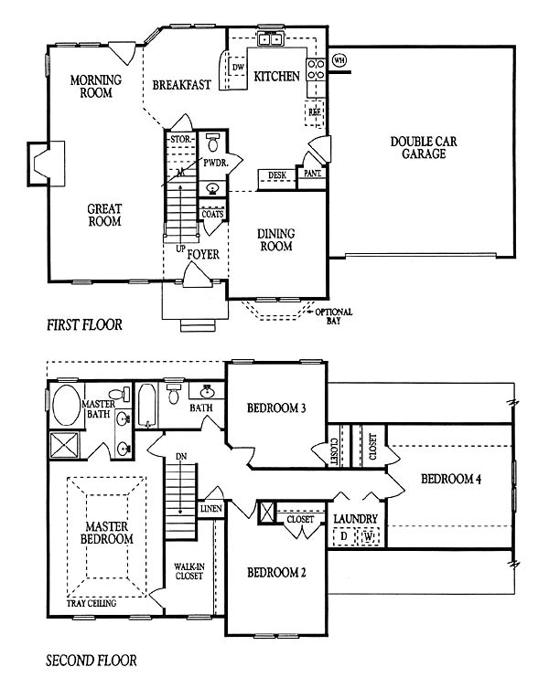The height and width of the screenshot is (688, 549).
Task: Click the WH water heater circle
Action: coord(338,60)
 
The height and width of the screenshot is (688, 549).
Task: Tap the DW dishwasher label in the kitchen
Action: coord(238,67)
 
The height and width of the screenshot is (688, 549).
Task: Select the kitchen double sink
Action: coord(270,39)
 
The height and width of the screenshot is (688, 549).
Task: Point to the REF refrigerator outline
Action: coord(314,112)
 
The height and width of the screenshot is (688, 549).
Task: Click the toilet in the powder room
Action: coord(213,142)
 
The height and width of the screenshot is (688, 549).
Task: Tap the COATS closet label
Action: coord(213,215)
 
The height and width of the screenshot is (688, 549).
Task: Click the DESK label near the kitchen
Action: coord(277,175)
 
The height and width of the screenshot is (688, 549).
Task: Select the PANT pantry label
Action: coord(312,174)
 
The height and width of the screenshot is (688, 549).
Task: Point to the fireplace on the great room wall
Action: coord(46,164)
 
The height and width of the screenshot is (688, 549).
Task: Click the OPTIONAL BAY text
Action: coord(334,316)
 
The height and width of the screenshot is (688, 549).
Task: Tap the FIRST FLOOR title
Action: coord(84,325)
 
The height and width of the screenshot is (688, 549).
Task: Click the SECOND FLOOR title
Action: coord(91,661)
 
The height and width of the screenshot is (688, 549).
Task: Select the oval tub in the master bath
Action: coord(67,406)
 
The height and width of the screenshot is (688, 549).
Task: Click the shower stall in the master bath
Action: coord(64,445)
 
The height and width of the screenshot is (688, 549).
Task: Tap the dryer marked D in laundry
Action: coord(344,536)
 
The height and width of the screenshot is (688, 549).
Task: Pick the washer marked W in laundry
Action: coord(369,536)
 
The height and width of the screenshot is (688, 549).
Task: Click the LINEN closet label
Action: coord(211,509)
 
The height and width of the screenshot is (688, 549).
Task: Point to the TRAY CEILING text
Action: coord(91,603)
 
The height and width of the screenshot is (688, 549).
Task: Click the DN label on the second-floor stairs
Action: coord(181,457)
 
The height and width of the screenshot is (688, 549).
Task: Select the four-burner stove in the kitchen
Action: coord(316,69)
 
